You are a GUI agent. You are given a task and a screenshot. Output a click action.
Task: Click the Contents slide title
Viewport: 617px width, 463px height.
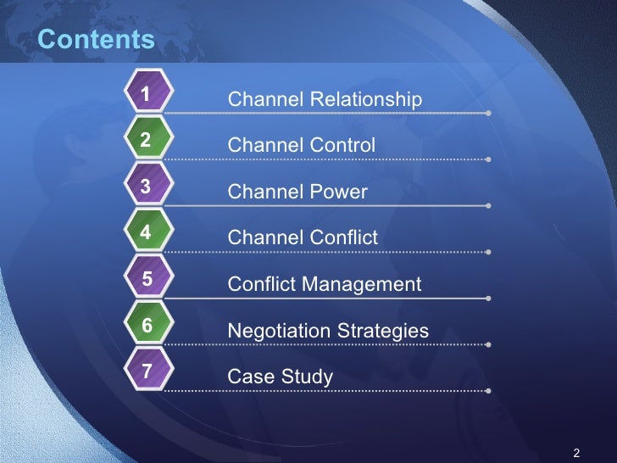(97, 40)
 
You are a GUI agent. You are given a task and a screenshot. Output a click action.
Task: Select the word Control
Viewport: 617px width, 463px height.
(342, 146)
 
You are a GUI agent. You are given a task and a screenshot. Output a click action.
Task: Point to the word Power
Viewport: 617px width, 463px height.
(338, 192)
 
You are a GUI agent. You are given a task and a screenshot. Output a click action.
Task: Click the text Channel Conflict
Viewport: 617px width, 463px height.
(303, 238)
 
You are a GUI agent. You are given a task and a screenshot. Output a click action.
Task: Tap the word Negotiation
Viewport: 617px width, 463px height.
(277, 331)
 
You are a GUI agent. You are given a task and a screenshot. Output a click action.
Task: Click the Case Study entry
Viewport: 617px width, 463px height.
(281, 377)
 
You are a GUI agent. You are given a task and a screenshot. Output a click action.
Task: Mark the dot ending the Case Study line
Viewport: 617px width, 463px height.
(489, 391)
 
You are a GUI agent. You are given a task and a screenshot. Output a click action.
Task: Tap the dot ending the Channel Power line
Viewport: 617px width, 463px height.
(489, 206)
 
